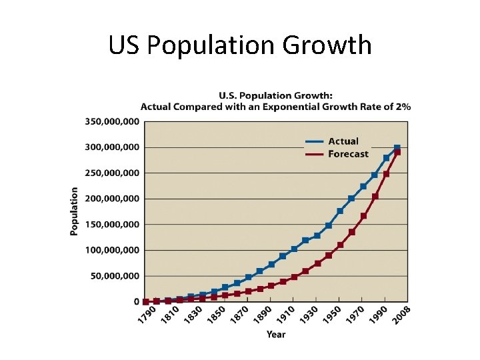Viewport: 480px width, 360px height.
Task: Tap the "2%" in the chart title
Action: [402, 106]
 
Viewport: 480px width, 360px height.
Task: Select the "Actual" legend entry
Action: [343, 141]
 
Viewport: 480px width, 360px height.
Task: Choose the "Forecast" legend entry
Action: [348, 154]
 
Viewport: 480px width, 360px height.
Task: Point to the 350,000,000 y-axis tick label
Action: [111, 121]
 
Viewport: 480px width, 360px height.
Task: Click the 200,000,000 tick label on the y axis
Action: [111, 199]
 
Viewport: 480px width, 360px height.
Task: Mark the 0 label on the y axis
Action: [136, 302]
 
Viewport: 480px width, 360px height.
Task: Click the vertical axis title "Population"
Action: [75, 211]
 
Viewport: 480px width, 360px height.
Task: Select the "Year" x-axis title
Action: [276, 334]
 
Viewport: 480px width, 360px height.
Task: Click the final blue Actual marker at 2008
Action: [397, 148]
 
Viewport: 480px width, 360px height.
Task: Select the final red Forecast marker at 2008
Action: [397, 153]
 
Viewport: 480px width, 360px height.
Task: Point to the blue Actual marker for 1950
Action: [340, 211]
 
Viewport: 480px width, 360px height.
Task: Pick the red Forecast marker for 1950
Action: [340, 245]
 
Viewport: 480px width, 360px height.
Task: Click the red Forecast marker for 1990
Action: [386, 174]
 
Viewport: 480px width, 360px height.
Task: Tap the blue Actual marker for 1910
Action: [294, 249]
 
